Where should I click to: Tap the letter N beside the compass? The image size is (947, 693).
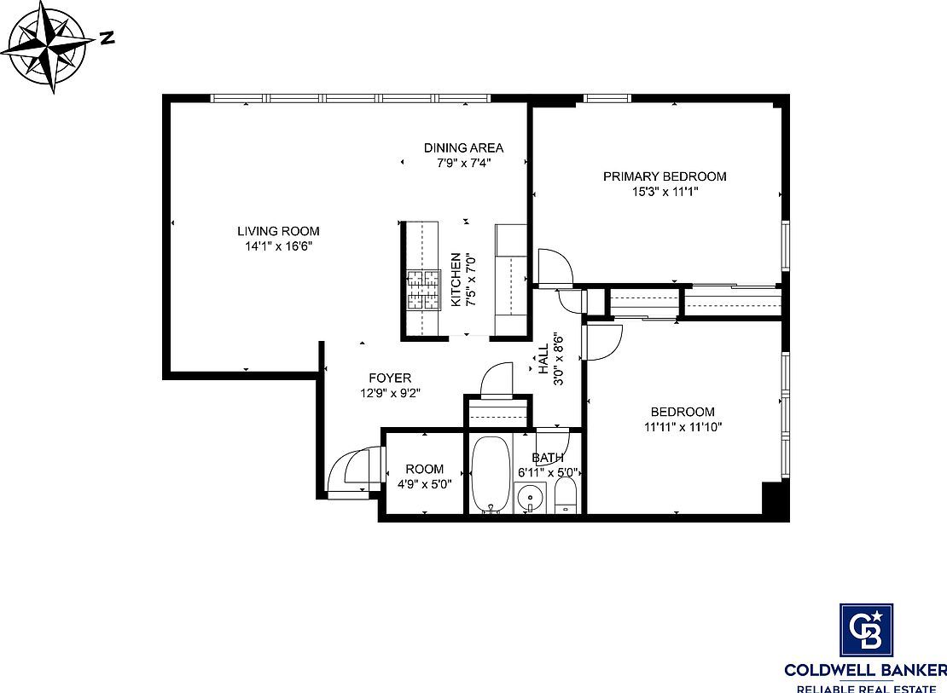coord(107,38)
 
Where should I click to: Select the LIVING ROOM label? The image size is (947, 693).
coord(278,231)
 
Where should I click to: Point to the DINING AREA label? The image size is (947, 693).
coord(463,147)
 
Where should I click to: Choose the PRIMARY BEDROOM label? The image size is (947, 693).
coord(665,176)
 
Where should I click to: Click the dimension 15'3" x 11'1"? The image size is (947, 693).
coord(665,192)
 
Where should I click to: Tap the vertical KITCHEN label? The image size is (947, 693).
coord(456,280)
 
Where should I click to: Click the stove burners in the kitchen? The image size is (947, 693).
coord(421,289)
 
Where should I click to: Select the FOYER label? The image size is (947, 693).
coord(390,378)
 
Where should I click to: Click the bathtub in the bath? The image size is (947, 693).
coord(491,475)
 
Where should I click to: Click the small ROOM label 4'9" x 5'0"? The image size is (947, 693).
coord(424,469)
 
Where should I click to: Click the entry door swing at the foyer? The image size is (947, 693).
coord(350,471)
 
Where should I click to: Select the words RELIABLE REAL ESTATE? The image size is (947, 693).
coord(866,686)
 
